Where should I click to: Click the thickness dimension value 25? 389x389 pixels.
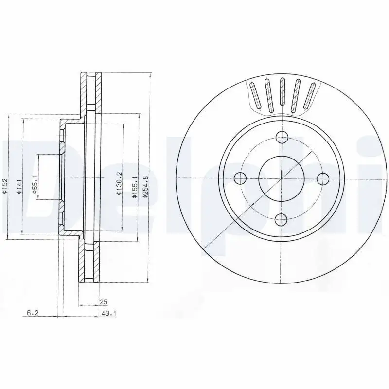103,302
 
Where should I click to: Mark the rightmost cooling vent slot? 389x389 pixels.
310,97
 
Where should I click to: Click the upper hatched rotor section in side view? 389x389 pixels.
91,92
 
